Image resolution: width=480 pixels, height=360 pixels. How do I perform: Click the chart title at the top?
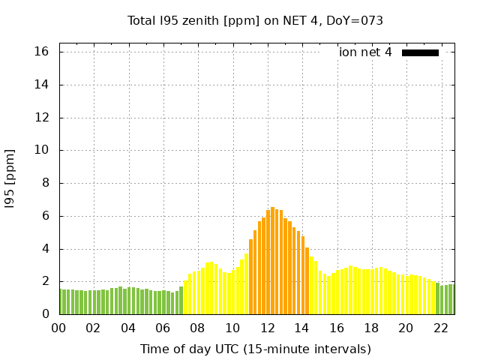click(255, 20)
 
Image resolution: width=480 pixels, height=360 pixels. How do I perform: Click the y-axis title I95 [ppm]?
click(10, 178)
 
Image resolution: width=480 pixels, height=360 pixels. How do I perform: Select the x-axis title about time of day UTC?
click(255, 349)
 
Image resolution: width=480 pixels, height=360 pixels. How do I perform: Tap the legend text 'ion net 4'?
click(365, 52)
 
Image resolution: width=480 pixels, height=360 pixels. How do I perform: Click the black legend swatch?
click(420, 52)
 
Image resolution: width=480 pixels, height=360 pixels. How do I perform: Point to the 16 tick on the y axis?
click(41, 52)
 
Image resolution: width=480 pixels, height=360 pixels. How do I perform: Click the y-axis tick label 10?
click(41, 150)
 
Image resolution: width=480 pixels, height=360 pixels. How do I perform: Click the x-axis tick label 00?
click(59, 328)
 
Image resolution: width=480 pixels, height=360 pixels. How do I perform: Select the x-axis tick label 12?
click(267, 328)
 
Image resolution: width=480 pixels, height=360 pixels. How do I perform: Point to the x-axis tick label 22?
click(440, 328)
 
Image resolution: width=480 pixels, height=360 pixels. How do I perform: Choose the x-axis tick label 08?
click(198, 328)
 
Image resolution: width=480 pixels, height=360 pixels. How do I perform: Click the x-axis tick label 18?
click(371, 328)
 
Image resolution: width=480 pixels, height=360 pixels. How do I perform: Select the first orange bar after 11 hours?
click(251, 277)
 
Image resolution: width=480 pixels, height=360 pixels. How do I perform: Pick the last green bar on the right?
click(451, 299)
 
